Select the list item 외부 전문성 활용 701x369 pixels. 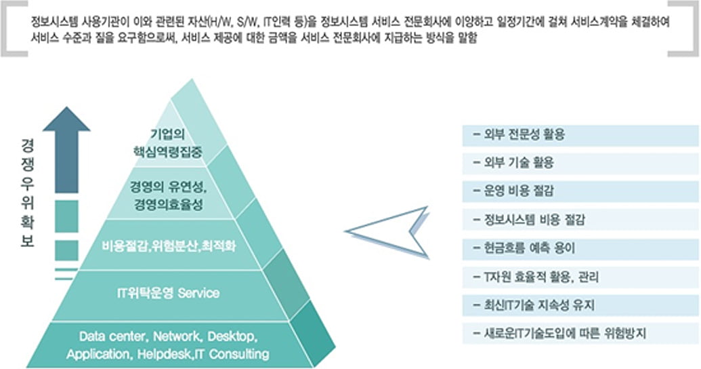pyautogui.click(x=521, y=135)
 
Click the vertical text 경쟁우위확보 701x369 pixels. pyautogui.click(x=27, y=193)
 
